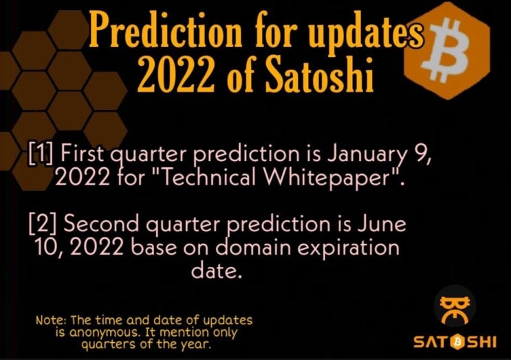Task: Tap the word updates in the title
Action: (x=367, y=32)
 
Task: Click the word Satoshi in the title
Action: (x=318, y=74)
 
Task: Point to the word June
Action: (x=382, y=224)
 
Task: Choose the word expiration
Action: (x=349, y=248)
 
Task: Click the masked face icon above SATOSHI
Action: (x=455, y=308)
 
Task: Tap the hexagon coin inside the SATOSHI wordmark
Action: (x=458, y=342)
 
